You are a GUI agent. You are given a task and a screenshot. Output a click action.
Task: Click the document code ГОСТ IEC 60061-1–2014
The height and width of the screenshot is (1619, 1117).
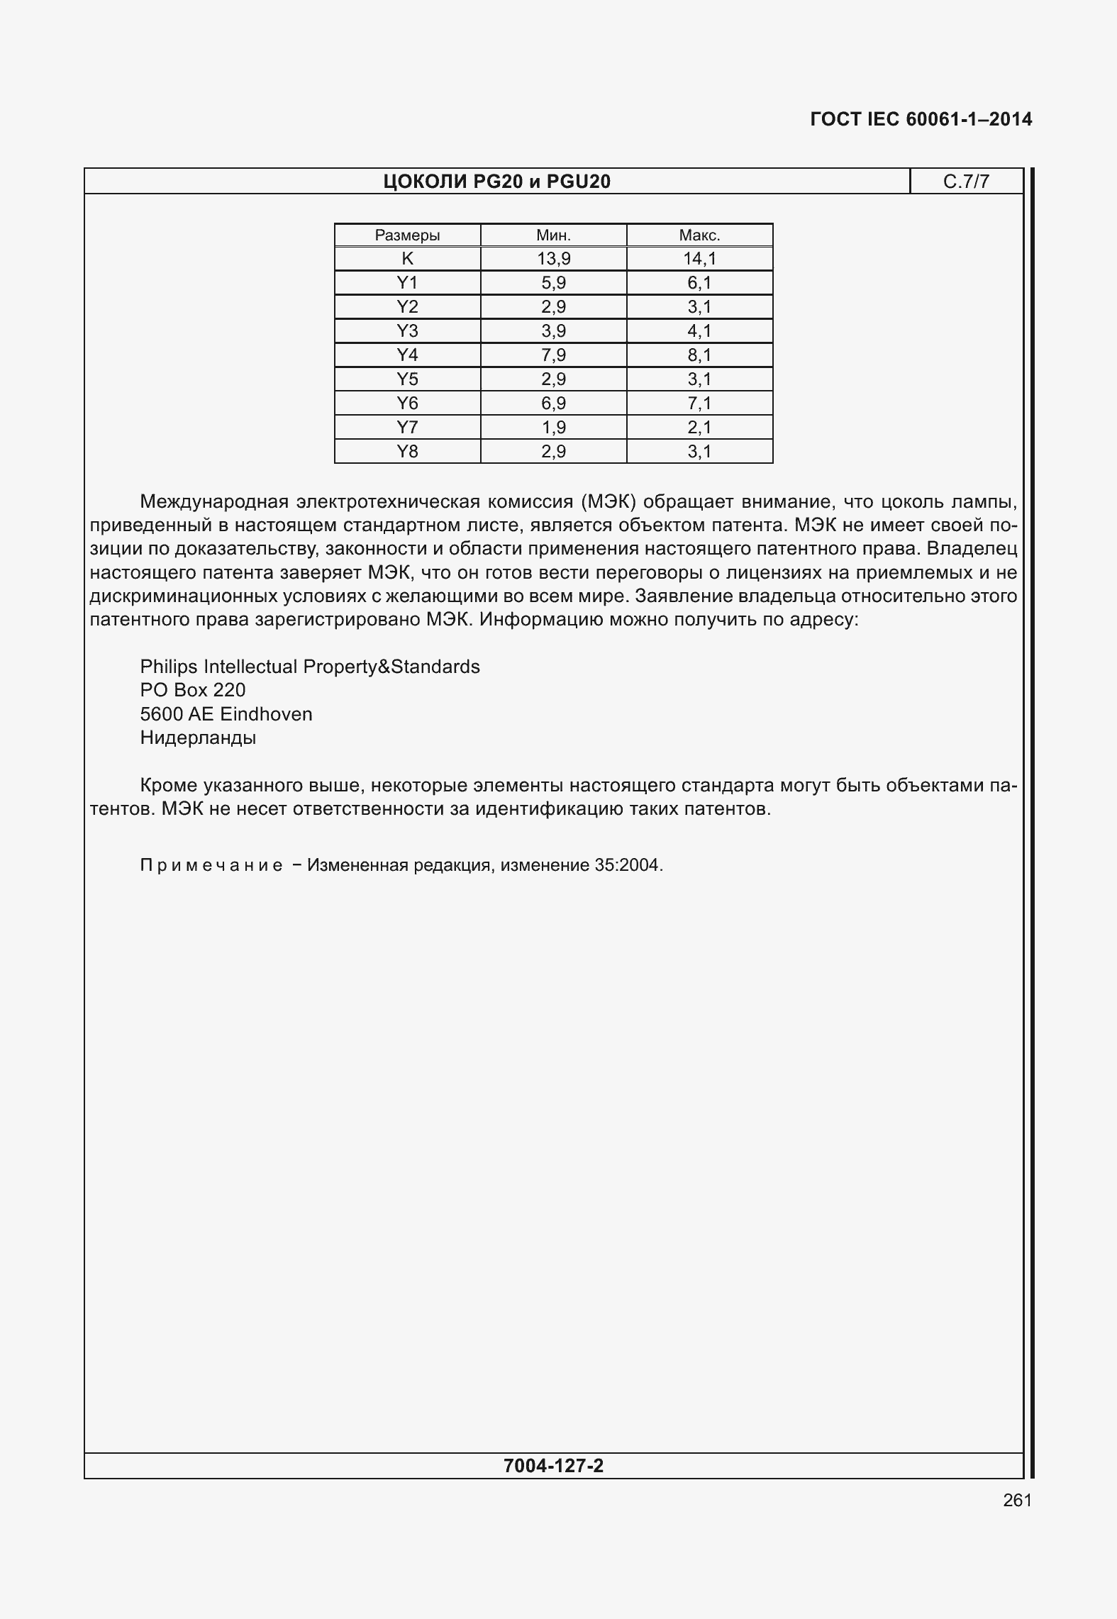click(921, 119)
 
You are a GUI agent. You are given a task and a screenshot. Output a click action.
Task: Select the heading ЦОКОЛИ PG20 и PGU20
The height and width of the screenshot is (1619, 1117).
click(496, 182)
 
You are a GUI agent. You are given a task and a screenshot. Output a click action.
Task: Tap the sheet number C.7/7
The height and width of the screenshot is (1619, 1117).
click(966, 182)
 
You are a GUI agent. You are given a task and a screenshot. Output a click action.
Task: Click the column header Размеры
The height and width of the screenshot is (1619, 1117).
click(407, 235)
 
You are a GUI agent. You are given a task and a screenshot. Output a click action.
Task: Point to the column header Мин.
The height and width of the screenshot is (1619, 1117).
click(553, 235)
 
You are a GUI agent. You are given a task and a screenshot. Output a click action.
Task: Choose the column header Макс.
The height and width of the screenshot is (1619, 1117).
click(699, 235)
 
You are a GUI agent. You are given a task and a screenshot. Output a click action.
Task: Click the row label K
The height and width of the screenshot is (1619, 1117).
click(407, 259)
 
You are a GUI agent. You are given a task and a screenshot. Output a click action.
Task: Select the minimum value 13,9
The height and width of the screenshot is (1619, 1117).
click(553, 259)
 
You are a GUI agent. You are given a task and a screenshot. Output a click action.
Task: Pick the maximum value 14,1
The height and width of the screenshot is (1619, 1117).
click(699, 259)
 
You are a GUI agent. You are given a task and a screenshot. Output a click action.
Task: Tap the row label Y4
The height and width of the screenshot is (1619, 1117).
click(407, 355)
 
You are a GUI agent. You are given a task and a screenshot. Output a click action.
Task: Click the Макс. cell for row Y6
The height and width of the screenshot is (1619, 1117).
click(699, 403)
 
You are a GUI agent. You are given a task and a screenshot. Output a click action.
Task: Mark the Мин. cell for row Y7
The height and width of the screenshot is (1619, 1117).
click(553, 427)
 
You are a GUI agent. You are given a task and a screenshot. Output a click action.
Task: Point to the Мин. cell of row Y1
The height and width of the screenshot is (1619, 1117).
click(553, 283)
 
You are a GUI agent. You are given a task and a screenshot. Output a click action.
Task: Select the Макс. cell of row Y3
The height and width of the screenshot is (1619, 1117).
click(699, 330)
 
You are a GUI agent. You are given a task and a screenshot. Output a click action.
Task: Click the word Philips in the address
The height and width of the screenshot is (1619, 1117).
click(169, 667)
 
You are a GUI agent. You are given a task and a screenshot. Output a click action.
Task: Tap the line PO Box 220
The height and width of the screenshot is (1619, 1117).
click(193, 690)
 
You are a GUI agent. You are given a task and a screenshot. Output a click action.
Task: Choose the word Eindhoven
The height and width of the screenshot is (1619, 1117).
click(266, 714)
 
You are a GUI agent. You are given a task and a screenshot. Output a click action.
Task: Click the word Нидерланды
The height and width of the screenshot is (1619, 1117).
click(198, 738)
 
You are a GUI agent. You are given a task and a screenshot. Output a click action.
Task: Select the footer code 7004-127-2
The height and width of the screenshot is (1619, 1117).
click(553, 1465)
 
